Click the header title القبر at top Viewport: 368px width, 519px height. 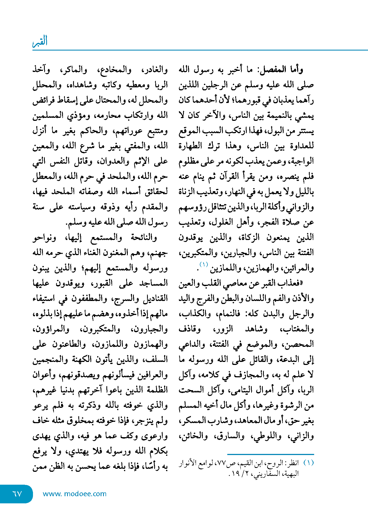[x=40, y=41]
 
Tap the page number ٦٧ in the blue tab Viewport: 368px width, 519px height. [x=17, y=494]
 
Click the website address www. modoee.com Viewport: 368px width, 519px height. [x=74, y=494]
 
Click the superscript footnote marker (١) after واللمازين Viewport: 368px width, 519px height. [x=204, y=265]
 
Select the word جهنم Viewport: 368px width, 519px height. [x=158, y=253]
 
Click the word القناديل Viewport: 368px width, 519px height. [x=154, y=298]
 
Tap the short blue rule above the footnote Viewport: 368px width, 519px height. [x=270, y=454]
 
